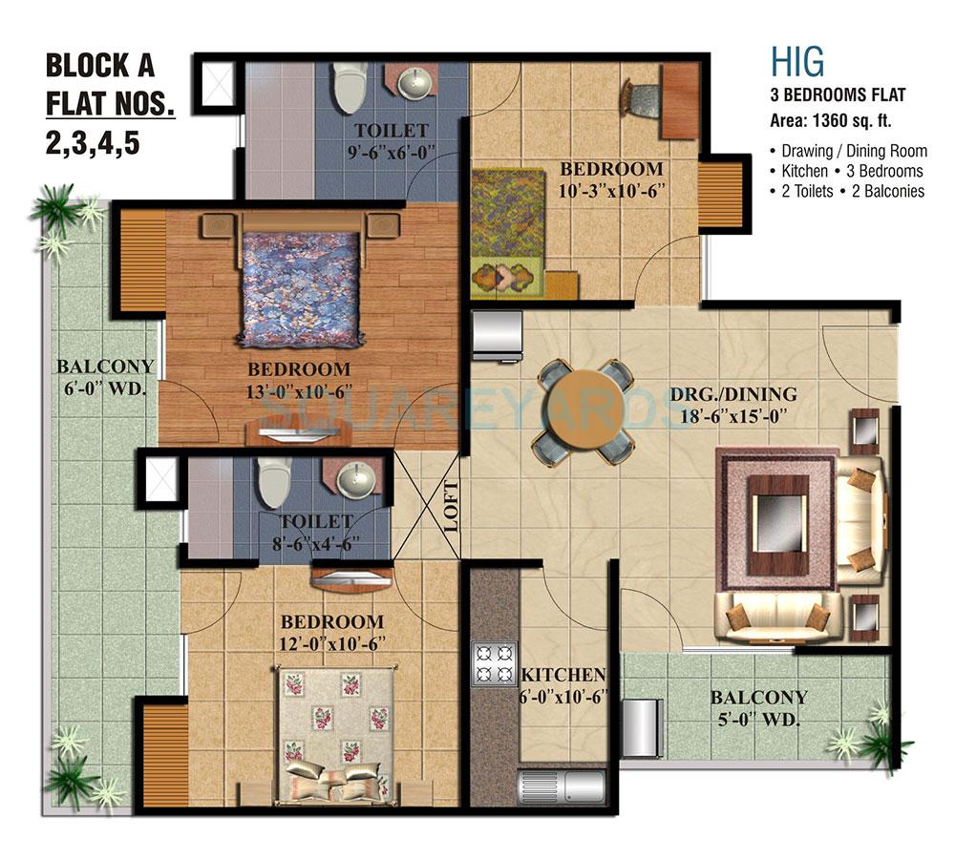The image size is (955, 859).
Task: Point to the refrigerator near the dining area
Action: click(497, 333)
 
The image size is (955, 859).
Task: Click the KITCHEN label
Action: click(562, 675)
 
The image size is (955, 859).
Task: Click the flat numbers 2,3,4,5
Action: click(92, 142)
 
